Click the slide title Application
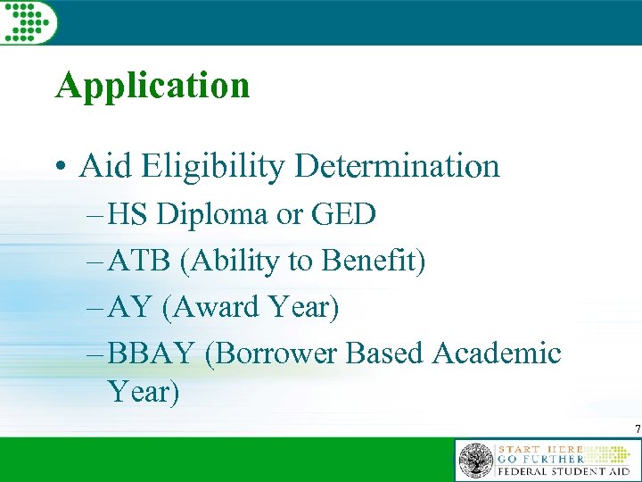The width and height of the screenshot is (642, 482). [152, 86]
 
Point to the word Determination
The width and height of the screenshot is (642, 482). [398, 165]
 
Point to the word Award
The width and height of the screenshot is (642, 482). [212, 308]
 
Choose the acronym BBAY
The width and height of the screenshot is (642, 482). [150, 354]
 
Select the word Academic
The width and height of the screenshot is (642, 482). [497, 354]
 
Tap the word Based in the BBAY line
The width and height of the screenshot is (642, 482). [385, 354]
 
